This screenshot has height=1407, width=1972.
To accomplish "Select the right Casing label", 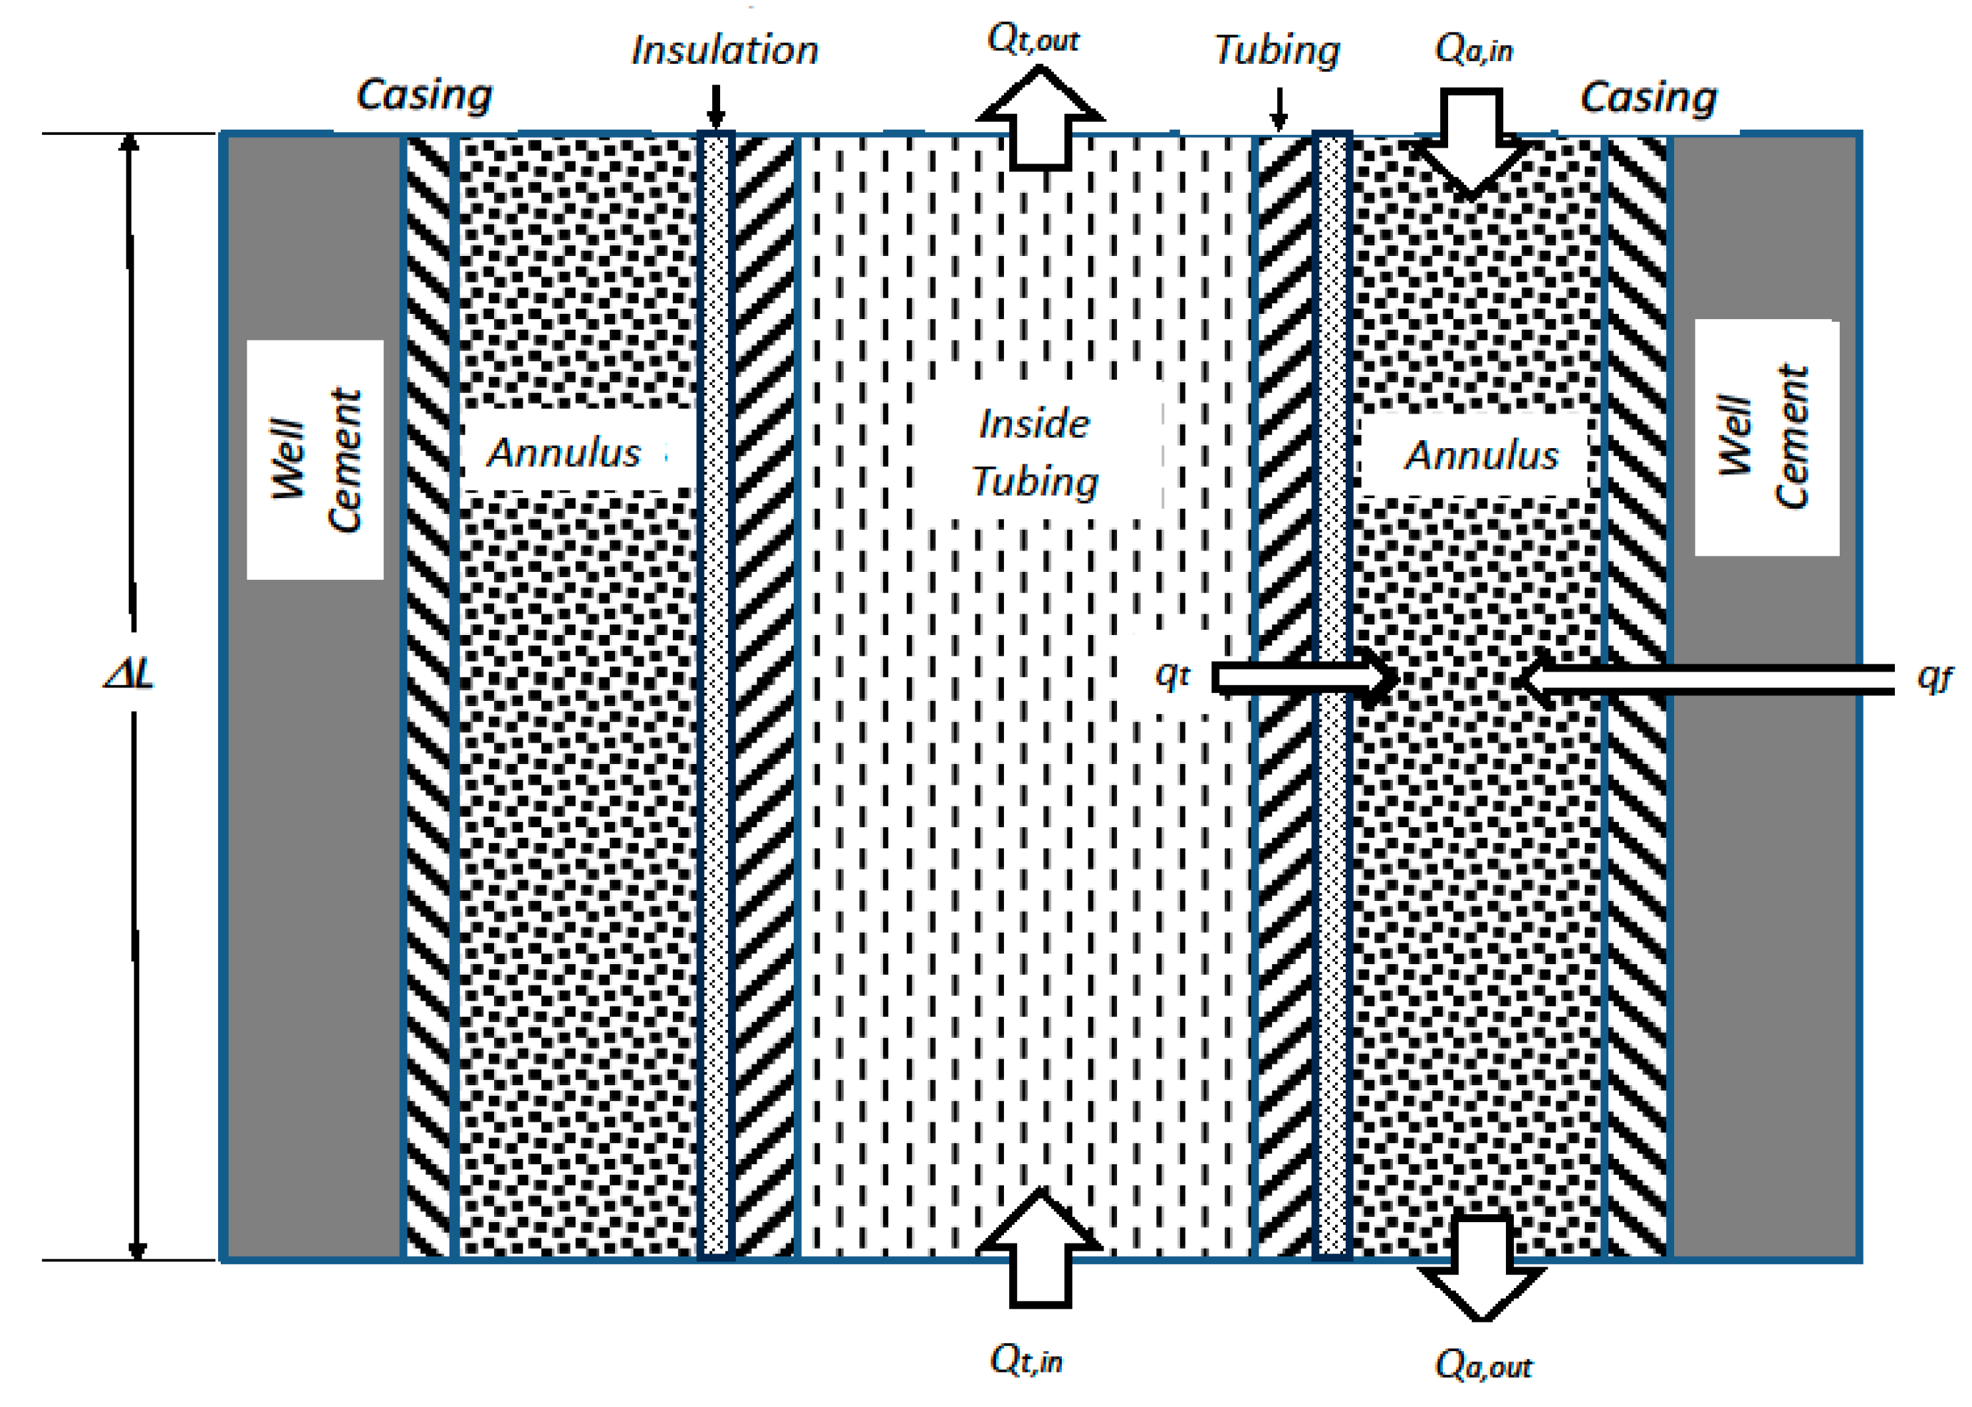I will (1648, 96).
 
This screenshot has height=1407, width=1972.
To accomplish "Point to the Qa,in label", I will (1473, 49).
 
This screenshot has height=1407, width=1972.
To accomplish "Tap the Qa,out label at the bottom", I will (1483, 1364).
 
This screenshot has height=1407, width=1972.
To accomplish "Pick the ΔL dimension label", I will (129, 673).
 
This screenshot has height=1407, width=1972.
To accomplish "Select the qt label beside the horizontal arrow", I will (1173, 674).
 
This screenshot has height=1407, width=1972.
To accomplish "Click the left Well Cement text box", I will (315, 459).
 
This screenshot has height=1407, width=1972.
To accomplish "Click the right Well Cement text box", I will (1766, 438).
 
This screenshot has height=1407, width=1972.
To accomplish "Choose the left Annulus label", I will (564, 452).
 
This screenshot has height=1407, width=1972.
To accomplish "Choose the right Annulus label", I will (1481, 455).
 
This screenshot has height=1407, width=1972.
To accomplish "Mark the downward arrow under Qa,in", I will (1471, 143).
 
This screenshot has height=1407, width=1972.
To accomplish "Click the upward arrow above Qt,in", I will (1039, 1247).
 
